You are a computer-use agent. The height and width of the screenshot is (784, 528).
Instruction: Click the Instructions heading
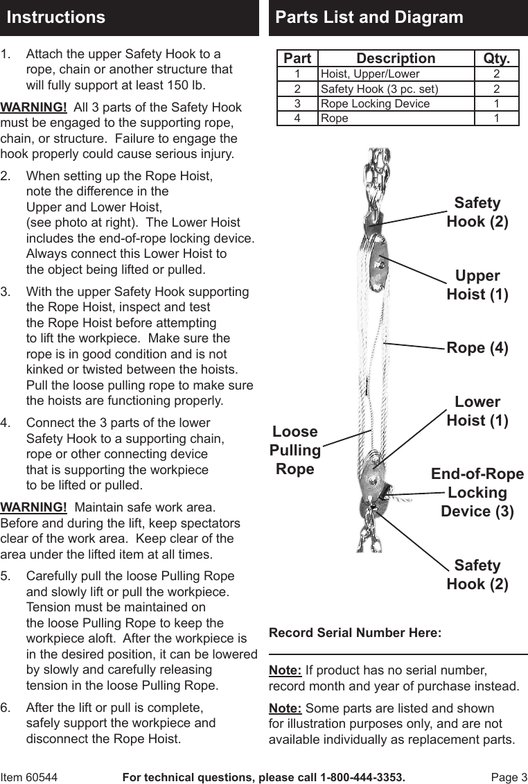(55, 17)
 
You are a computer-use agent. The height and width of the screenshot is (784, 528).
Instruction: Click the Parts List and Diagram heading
(369, 17)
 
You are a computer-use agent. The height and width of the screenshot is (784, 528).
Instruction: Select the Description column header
(396, 59)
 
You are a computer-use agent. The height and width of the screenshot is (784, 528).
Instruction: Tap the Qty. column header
(496, 59)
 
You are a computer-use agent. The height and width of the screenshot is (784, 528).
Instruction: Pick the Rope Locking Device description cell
(375, 103)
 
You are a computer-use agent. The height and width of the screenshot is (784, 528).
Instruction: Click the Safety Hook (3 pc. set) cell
(379, 89)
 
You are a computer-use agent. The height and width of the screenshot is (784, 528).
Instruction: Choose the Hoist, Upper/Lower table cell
(370, 73)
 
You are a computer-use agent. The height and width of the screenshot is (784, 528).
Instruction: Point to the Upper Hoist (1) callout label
(477, 285)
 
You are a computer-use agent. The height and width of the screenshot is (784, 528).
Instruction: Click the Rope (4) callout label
(477, 347)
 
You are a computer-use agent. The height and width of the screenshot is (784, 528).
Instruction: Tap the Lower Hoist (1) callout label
(477, 411)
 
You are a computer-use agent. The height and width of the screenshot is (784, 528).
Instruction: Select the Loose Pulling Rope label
(295, 450)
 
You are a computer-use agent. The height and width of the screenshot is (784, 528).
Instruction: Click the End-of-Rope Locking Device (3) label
(477, 493)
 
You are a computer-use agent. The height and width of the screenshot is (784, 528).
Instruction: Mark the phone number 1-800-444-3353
(362, 776)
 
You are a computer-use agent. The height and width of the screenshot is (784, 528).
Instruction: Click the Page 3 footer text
(509, 776)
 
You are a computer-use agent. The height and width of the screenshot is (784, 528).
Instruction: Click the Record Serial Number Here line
(355, 633)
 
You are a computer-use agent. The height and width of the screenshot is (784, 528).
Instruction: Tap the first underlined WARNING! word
(34, 107)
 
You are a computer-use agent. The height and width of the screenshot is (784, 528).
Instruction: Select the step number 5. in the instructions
(6, 576)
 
